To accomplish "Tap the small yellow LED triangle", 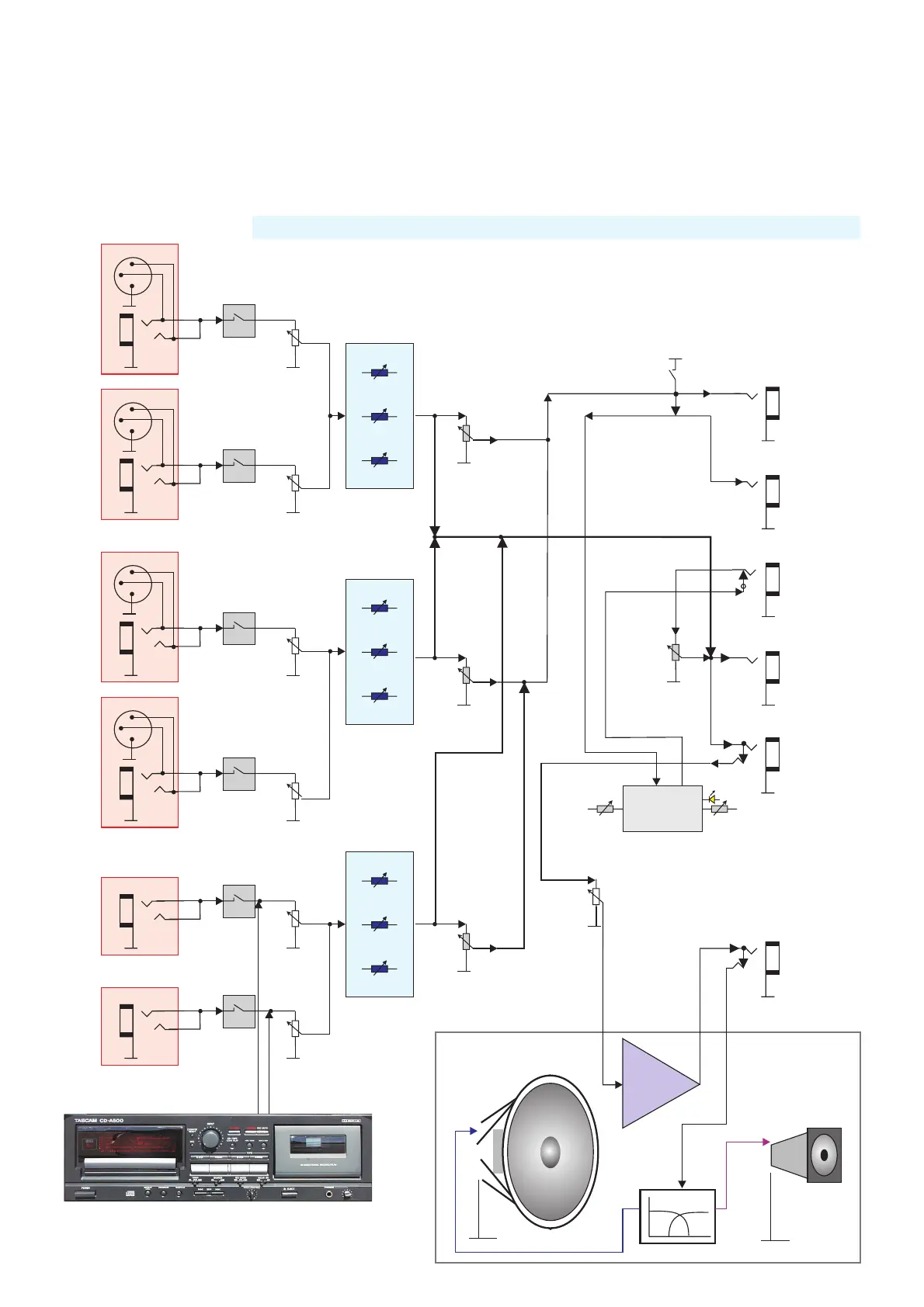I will click(x=711, y=799).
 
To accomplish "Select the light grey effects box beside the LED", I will click(x=662, y=809).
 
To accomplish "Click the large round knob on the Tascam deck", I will click(x=210, y=1139).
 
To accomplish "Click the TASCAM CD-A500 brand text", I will click(x=99, y=1120).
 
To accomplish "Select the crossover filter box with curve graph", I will click(x=677, y=1216).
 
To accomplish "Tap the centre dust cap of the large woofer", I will click(x=550, y=1153).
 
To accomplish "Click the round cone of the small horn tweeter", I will click(x=824, y=1155).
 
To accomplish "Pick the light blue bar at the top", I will click(x=556, y=227).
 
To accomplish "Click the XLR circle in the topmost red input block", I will click(x=133, y=276).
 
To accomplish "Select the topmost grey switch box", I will click(x=239, y=321).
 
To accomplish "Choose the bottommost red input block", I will click(x=140, y=1026).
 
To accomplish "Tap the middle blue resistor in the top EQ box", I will click(x=380, y=417).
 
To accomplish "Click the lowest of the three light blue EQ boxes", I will click(x=380, y=924).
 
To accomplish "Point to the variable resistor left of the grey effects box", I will click(x=606, y=809).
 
